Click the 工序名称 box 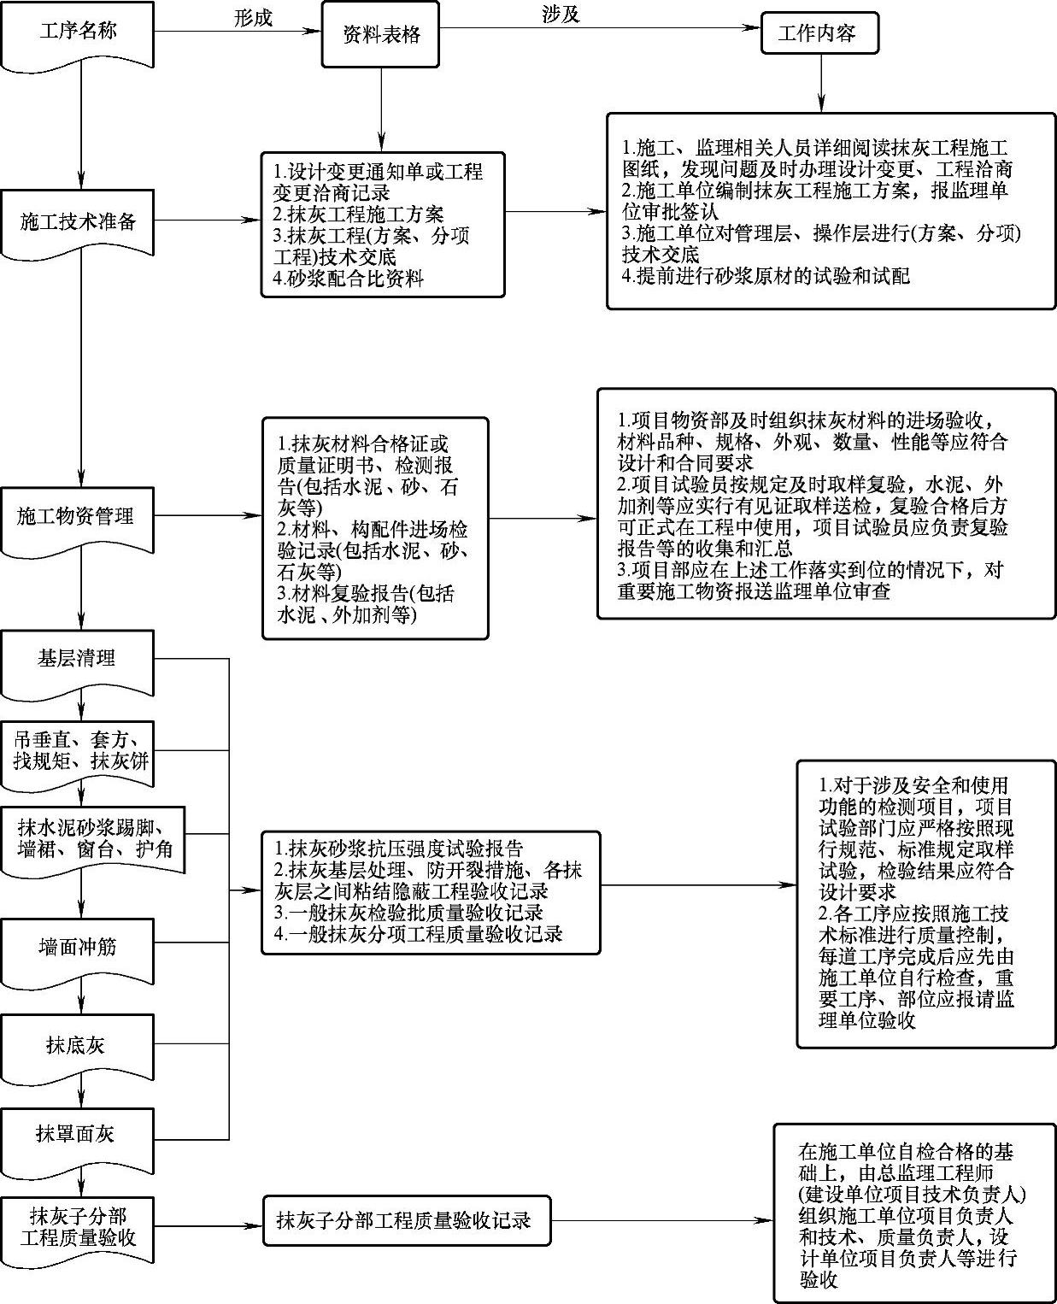click(x=78, y=32)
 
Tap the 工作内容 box click(x=818, y=35)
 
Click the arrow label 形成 click(x=253, y=17)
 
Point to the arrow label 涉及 click(x=561, y=14)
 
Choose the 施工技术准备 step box click(x=78, y=222)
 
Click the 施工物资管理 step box click(x=78, y=516)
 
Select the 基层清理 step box click(x=78, y=659)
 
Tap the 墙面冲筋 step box click(x=78, y=947)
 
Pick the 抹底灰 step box click(x=78, y=1044)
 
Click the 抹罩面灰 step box click(x=78, y=1134)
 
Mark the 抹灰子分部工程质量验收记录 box click(x=406, y=1220)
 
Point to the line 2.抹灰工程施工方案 click(x=359, y=214)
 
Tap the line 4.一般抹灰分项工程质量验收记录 click(x=418, y=934)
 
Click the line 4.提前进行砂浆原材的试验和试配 click(x=766, y=275)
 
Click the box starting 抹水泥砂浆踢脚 click(x=91, y=838)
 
